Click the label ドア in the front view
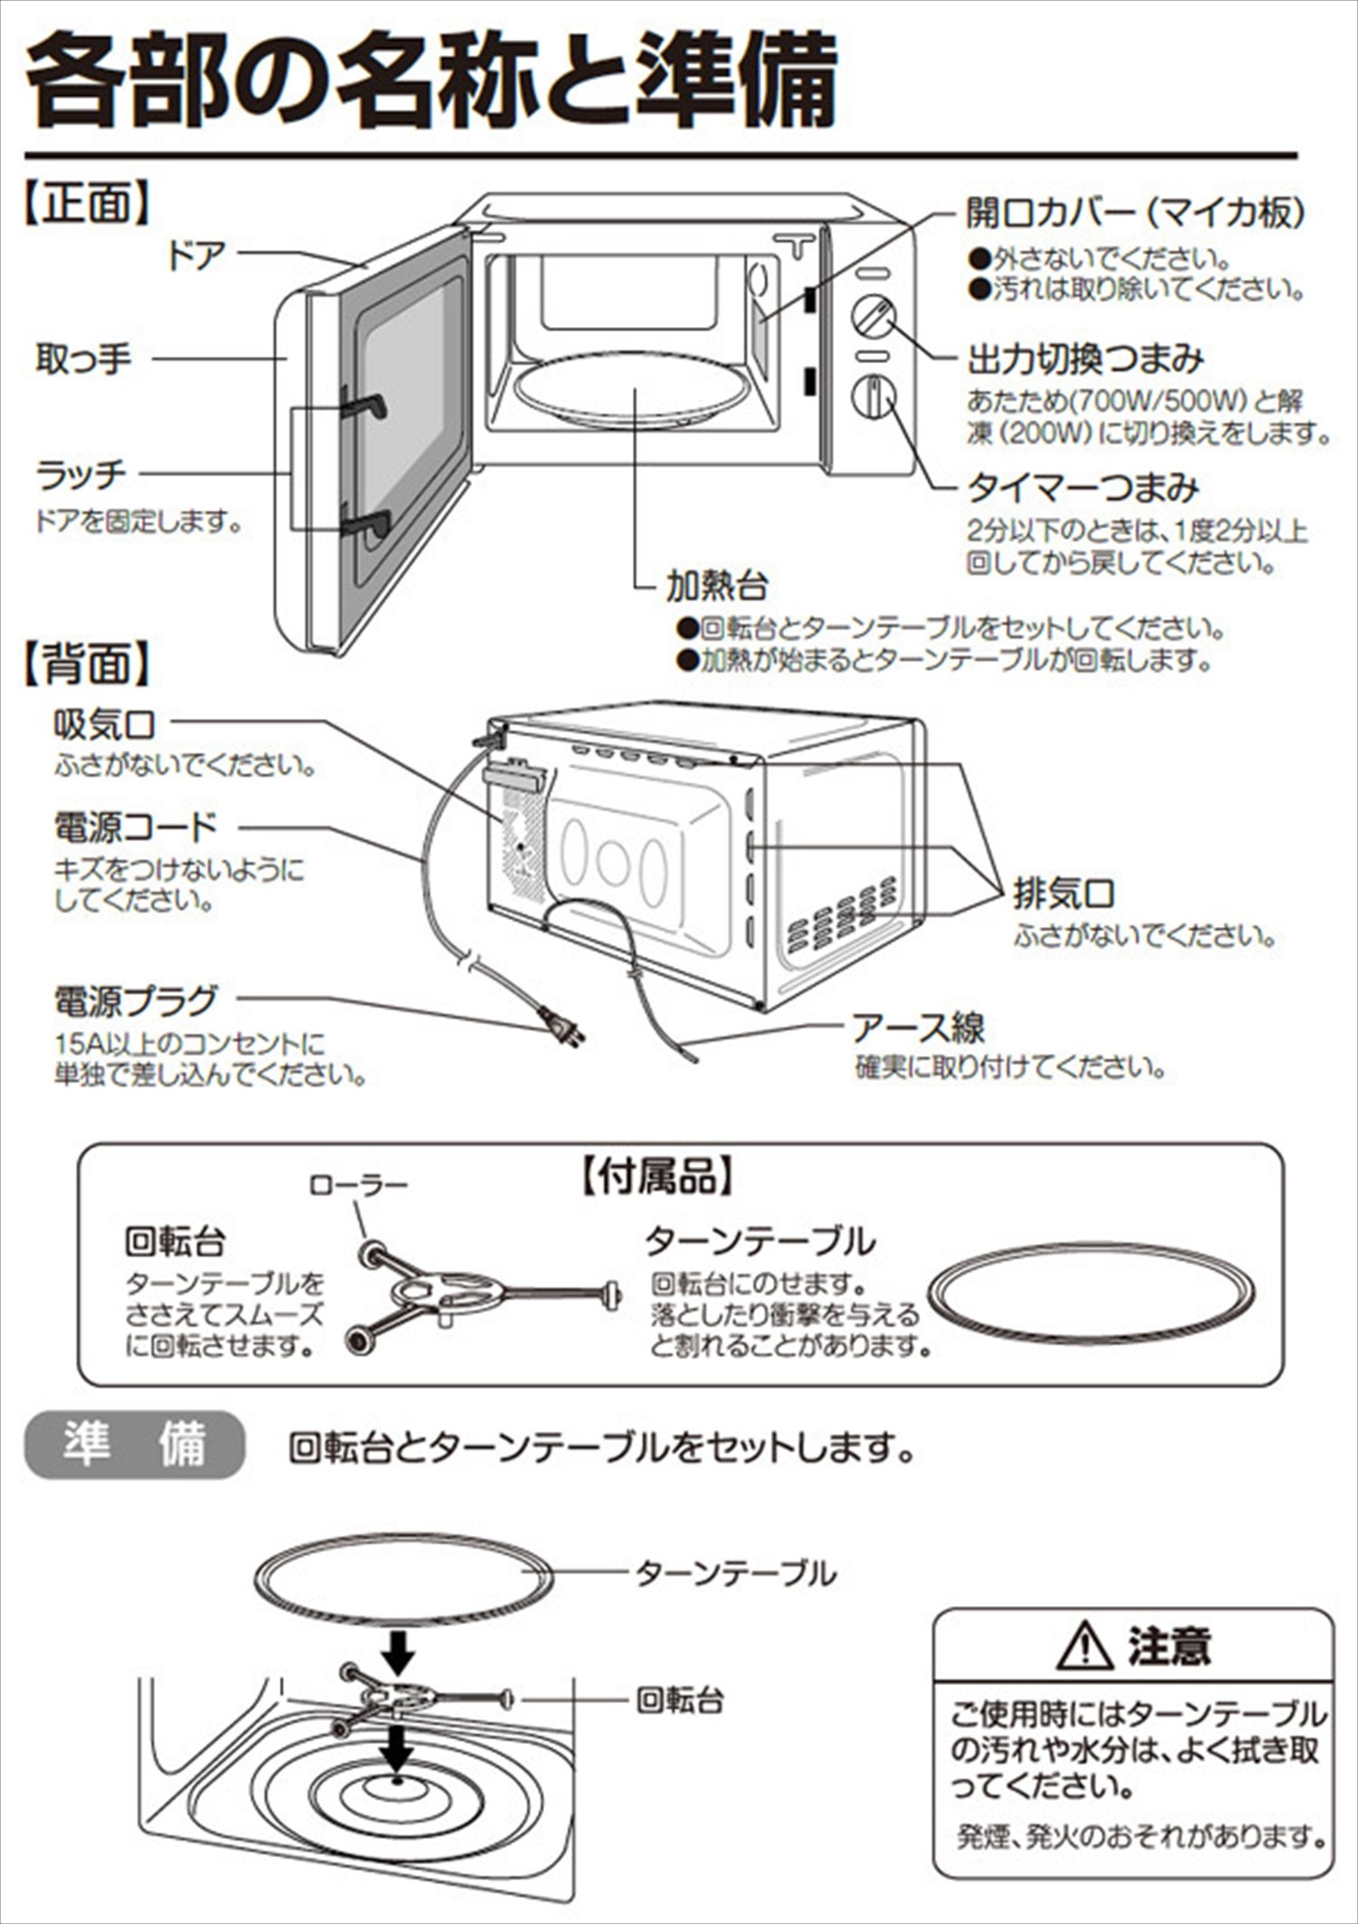point(195,255)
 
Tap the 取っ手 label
point(83,359)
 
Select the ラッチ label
point(81,474)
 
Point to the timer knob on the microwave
point(873,397)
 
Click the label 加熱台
point(716,586)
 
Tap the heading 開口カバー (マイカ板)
point(1135,213)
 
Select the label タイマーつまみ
point(1083,488)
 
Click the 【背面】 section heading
point(86,664)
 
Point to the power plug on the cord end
point(563,1029)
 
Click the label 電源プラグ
point(136,1000)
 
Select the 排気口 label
point(1064,894)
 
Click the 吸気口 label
point(104,724)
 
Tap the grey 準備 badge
point(134,1444)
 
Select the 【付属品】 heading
point(655,1176)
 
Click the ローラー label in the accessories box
point(359,1184)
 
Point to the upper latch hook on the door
point(366,404)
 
